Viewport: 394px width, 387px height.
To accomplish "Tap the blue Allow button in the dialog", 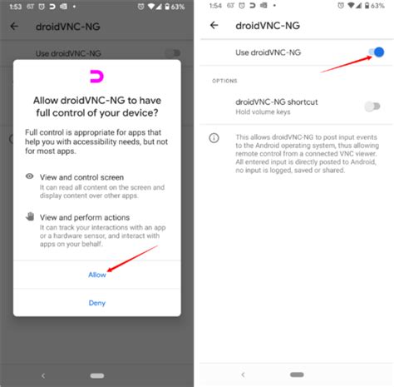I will (97, 274).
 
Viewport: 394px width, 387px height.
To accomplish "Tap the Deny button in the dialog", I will (97, 303).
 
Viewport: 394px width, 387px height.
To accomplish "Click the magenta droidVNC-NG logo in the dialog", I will (97, 77).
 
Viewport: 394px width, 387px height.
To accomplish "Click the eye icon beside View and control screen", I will (30, 176).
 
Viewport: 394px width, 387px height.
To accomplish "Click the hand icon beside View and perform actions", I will (30, 216).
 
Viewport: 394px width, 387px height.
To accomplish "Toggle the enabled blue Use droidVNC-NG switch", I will (376, 52).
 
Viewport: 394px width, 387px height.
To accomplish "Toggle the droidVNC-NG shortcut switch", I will (372, 106).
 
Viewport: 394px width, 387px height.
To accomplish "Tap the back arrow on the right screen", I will (214, 25).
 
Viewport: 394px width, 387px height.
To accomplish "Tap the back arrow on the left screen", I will (14, 26).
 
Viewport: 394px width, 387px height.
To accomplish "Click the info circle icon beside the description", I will (214, 137).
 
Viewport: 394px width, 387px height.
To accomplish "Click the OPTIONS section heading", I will (224, 81).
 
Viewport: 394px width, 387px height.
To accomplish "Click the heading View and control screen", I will (86, 177).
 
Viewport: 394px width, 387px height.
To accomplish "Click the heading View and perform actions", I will (90, 217).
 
